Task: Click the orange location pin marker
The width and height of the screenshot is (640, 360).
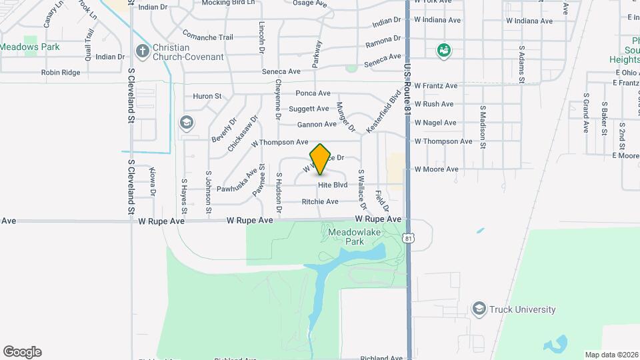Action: (x=321, y=159)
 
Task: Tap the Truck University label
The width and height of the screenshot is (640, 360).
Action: (x=522, y=309)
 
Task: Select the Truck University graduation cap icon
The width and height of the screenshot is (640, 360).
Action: (x=479, y=309)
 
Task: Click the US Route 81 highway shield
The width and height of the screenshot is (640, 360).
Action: (x=409, y=237)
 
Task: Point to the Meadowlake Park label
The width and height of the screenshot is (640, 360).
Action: (x=345, y=237)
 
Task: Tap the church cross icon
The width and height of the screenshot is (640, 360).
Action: (x=141, y=51)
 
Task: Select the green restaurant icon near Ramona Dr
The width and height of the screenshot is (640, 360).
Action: (x=442, y=50)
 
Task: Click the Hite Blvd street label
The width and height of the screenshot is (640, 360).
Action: (x=333, y=185)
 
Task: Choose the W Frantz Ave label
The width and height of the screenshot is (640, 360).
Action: (x=436, y=85)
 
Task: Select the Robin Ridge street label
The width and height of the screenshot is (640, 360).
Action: (x=60, y=72)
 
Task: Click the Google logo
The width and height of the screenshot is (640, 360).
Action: (x=22, y=352)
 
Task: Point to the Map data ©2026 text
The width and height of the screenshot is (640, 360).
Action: (x=611, y=355)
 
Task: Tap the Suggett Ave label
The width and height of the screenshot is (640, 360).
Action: (x=309, y=109)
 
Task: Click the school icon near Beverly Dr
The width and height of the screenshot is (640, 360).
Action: (x=187, y=123)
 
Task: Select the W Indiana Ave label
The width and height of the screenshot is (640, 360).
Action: (x=529, y=21)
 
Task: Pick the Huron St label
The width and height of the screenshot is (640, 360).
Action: (x=207, y=96)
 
